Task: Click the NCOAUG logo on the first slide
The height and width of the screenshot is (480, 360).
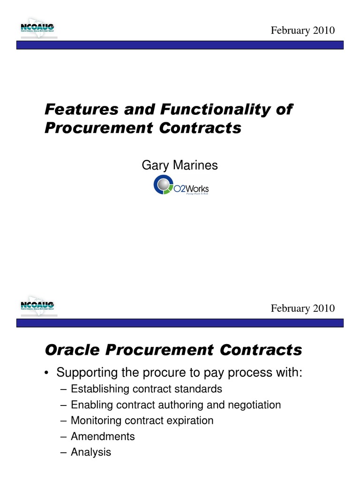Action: click(37, 29)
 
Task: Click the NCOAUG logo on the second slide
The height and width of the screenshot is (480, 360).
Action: click(37, 306)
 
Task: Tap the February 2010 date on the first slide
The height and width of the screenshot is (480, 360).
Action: click(303, 30)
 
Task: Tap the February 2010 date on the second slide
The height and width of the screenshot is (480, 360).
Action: click(303, 308)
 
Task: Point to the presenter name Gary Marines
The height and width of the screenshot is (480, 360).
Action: click(180, 165)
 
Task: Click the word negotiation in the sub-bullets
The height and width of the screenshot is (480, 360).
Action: click(255, 405)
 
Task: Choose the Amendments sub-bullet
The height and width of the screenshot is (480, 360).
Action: click(103, 436)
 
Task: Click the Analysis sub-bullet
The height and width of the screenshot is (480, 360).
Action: click(91, 452)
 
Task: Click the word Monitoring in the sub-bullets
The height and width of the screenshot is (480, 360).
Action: click(96, 420)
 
